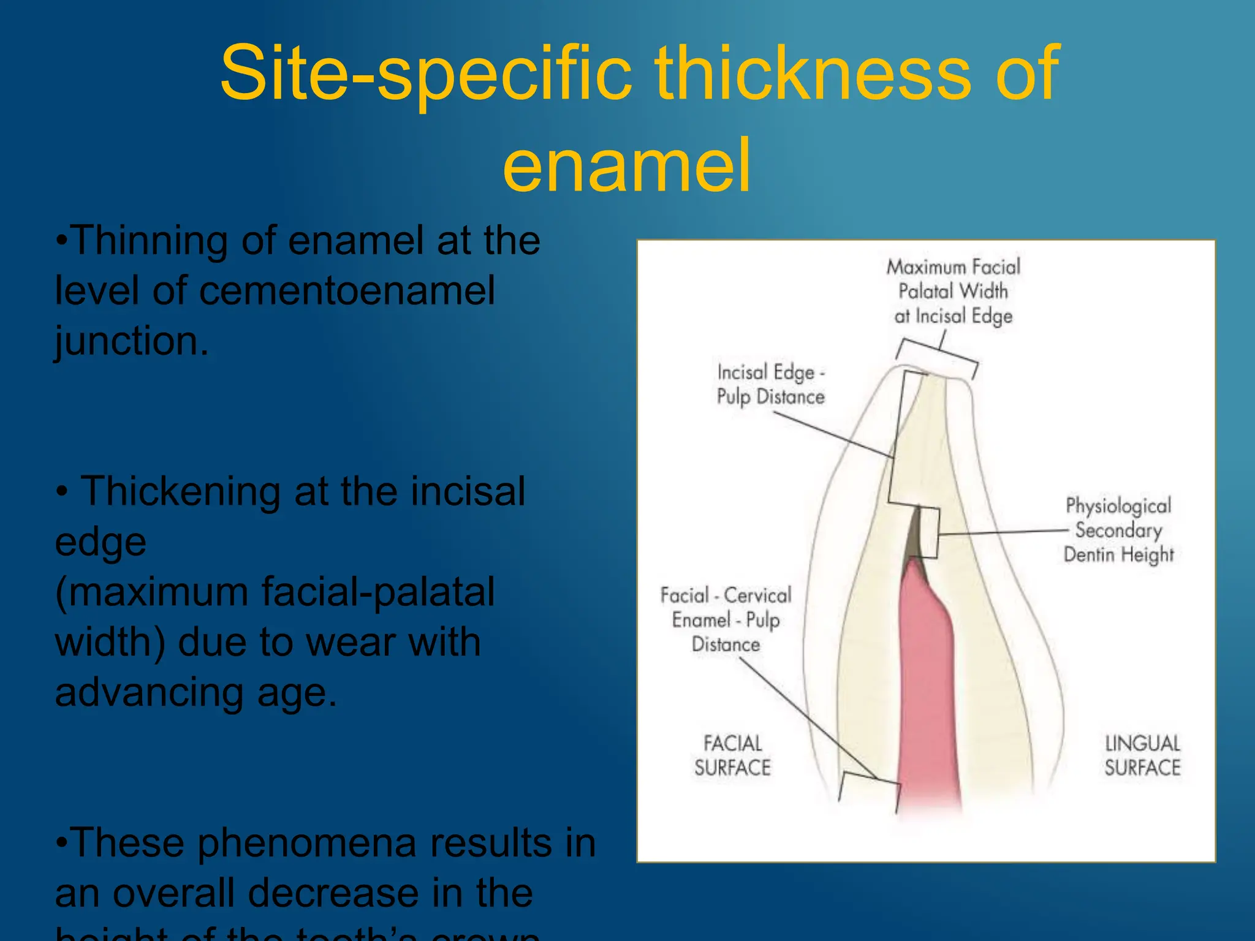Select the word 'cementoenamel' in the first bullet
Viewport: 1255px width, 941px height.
point(347,290)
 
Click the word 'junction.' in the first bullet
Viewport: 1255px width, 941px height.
point(132,341)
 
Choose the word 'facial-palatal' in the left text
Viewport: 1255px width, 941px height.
point(378,592)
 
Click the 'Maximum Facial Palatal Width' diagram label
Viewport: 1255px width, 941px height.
point(953,292)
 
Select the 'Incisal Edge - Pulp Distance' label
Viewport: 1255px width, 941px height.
point(770,385)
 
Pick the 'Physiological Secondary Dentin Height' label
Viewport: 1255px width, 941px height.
point(1118,530)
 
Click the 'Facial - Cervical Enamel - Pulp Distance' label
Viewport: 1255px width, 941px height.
point(726,620)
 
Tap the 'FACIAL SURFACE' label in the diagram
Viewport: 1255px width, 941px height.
point(732,755)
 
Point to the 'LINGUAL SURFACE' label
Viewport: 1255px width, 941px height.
point(1142,755)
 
